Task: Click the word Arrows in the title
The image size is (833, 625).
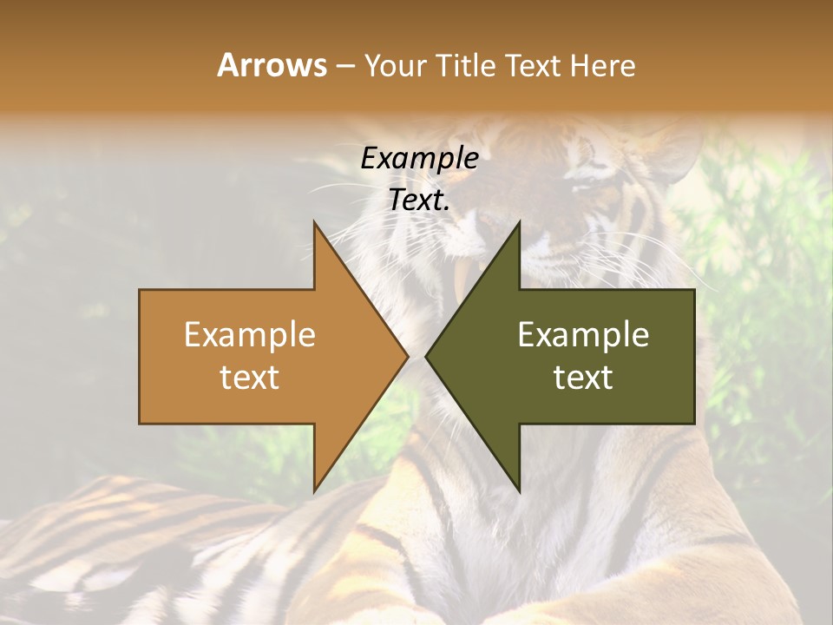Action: (x=272, y=65)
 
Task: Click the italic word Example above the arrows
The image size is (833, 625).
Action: (x=419, y=159)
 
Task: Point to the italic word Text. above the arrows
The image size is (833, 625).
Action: (x=419, y=201)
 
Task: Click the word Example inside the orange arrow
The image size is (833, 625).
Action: (x=249, y=335)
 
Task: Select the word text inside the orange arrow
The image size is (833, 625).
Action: (x=249, y=378)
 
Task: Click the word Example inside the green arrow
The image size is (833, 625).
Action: (x=583, y=335)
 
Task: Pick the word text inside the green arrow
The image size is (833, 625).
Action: (x=583, y=378)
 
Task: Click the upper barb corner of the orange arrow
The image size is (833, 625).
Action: (x=315, y=223)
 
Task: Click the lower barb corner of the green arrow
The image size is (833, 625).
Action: (x=519, y=490)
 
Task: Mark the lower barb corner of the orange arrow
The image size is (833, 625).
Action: (x=315, y=490)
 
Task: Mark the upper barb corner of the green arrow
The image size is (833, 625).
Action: (x=519, y=223)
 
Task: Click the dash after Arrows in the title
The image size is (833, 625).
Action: (x=344, y=67)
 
